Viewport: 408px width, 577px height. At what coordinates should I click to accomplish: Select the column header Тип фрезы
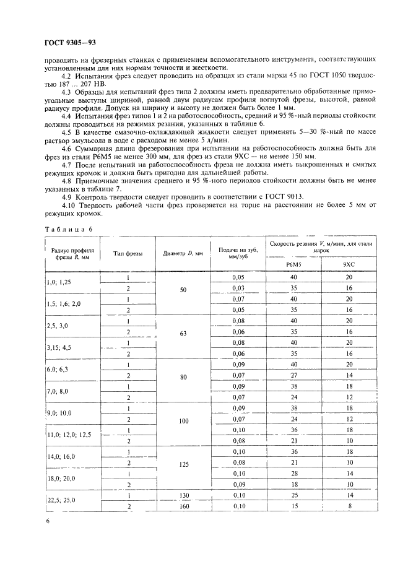point(128,254)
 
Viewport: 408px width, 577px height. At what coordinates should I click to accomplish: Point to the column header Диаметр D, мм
point(183,254)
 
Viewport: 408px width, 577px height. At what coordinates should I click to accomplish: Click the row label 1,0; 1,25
point(60,282)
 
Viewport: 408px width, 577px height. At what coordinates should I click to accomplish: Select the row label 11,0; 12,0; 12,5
point(69,435)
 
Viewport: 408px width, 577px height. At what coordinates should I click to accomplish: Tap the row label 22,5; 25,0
point(63,501)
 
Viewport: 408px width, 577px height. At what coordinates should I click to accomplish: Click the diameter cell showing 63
point(183,333)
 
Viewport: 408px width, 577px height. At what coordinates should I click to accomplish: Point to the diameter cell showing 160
point(183,506)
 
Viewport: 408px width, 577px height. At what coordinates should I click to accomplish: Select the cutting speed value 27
point(293,375)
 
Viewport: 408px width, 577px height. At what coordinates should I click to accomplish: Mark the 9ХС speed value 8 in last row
point(349,506)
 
